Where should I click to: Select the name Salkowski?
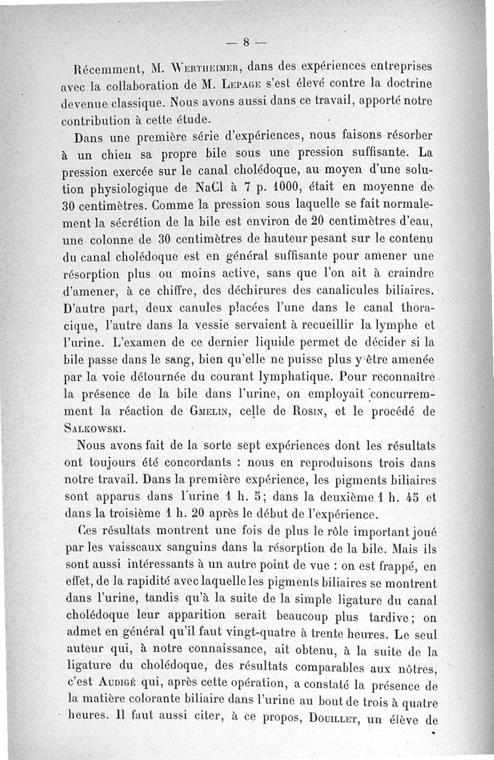[x=96, y=429]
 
